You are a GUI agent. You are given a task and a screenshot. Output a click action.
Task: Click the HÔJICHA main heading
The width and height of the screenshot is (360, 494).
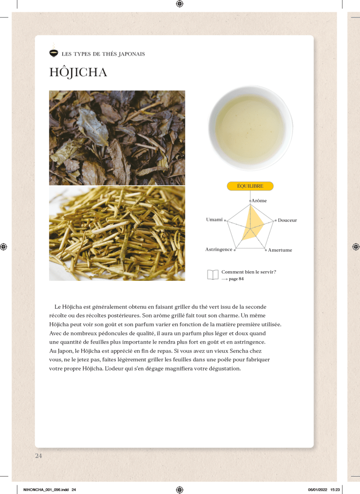[x=78, y=72]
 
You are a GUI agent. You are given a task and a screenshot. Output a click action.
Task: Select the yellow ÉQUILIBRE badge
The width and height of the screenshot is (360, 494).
[x=250, y=186]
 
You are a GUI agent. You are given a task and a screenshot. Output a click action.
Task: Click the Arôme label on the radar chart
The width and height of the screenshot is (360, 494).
[x=259, y=200]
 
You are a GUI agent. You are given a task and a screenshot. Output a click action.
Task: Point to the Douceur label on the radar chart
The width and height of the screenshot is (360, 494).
[x=287, y=220]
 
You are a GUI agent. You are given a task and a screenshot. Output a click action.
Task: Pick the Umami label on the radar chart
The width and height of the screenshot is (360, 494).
[x=214, y=220]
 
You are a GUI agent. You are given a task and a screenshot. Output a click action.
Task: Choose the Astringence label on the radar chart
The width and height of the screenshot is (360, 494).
[x=219, y=249]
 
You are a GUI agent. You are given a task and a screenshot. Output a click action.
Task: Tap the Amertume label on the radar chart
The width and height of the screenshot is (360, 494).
[x=280, y=250]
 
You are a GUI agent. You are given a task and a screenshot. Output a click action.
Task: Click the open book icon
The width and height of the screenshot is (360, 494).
[x=213, y=274]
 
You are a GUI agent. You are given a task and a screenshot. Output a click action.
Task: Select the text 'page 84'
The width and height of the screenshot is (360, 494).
[x=236, y=279]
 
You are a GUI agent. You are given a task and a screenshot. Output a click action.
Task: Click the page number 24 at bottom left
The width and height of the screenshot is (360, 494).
[x=39, y=455]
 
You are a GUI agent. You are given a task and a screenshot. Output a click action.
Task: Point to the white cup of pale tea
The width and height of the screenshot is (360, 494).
[x=250, y=128]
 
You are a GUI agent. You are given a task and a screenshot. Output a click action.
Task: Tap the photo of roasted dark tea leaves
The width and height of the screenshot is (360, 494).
[x=117, y=137]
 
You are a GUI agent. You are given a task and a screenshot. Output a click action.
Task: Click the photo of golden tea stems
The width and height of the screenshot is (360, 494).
[x=117, y=233]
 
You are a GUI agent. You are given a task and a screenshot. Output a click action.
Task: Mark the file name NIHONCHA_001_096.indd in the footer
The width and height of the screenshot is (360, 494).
[x=46, y=490]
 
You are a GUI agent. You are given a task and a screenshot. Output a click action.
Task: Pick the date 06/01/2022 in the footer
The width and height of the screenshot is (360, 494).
[x=318, y=490]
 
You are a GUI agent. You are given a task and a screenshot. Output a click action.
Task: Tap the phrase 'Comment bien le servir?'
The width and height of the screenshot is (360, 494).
[x=249, y=272]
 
